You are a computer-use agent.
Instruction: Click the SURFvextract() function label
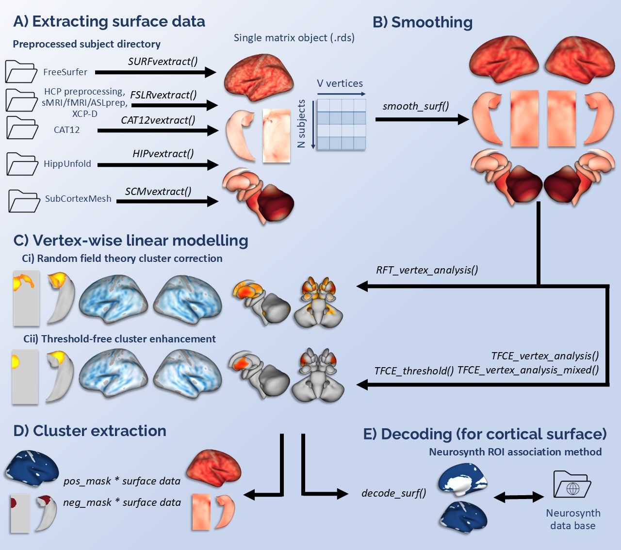click(x=163, y=62)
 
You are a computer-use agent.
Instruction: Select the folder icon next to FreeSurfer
click(x=21, y=72)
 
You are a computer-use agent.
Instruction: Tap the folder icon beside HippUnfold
click(x=22, y=164)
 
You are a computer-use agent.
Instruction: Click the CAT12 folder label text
click(x=66, y=130)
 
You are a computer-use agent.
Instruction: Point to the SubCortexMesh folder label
click(x=78, y=199)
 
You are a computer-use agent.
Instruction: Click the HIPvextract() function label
click(x=163, y=154)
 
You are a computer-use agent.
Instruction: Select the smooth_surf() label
click(x=416, y=106)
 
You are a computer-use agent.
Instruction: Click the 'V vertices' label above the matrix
click(x=340, y=83)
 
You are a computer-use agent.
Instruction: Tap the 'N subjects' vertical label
click(x=301, y=124)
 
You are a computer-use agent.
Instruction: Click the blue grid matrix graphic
click(x=341, y=124)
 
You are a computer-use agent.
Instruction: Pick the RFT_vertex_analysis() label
click(x=427, y=270)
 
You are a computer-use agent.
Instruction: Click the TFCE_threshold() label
click(x=414, y=371)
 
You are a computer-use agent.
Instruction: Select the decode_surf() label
click(x=394, y=493)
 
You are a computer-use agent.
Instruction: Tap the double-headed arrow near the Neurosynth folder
click(x=519, y=497)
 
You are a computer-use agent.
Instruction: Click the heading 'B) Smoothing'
click(x=422, y=22)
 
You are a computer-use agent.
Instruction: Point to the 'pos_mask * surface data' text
click(x=122, y=481)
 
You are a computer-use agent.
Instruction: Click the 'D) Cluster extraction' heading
click(x=90, y=431)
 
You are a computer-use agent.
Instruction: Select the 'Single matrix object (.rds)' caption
click(x=294, y=38)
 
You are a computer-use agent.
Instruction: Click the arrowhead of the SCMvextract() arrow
click(x=213, y=201)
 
